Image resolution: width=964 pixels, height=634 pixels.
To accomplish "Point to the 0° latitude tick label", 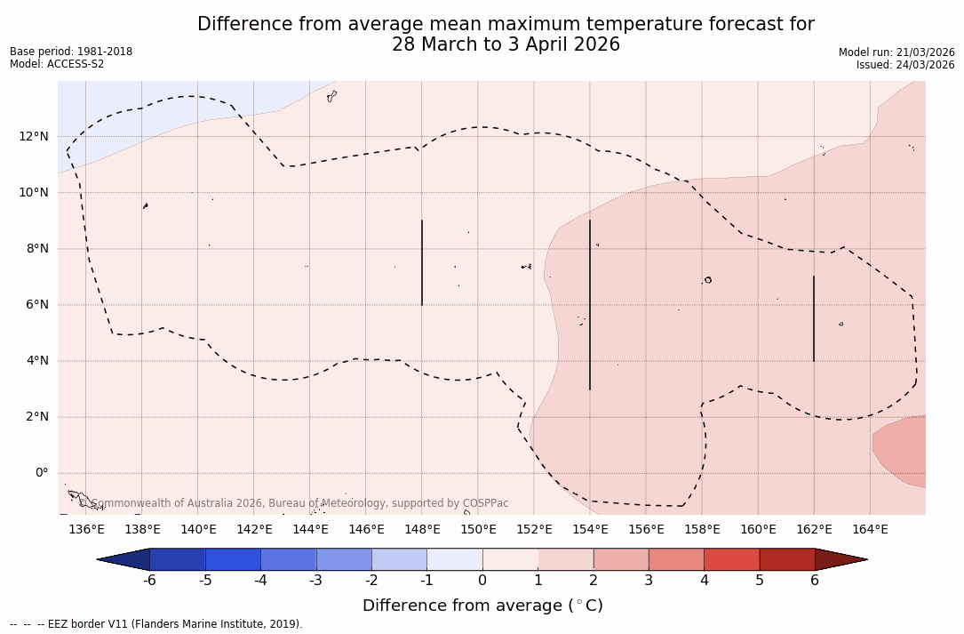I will tap(41, 473).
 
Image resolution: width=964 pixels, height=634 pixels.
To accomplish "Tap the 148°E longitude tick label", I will tap(422, 530).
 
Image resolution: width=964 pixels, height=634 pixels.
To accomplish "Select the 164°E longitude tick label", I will tap(870, 530).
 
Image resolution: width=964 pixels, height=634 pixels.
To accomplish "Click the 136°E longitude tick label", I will tap(86, 530).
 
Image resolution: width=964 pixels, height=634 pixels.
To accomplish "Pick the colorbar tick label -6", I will tap(149, 581).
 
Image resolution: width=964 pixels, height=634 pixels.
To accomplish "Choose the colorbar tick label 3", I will tap(649, 581).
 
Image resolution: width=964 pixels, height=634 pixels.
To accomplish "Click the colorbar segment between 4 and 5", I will tap(731, 559).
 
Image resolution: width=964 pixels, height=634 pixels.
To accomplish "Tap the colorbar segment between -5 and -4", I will tap(233, 559).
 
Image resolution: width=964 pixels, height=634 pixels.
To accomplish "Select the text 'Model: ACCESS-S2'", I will tap(57, 64).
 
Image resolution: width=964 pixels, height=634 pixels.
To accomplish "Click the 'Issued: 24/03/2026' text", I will tap(905, 65).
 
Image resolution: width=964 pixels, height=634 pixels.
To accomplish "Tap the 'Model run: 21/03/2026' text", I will tap(896, 52).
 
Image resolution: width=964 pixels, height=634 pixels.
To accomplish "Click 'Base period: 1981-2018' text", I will tap(71, 52).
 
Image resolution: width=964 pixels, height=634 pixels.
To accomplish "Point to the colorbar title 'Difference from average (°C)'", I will tap(482, 606).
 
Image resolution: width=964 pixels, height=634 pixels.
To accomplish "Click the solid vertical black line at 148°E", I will tap(422, 262).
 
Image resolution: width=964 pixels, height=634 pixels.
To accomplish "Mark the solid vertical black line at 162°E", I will tap(814, 318).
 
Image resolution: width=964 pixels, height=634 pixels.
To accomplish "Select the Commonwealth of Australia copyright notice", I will tap(293, 503).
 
